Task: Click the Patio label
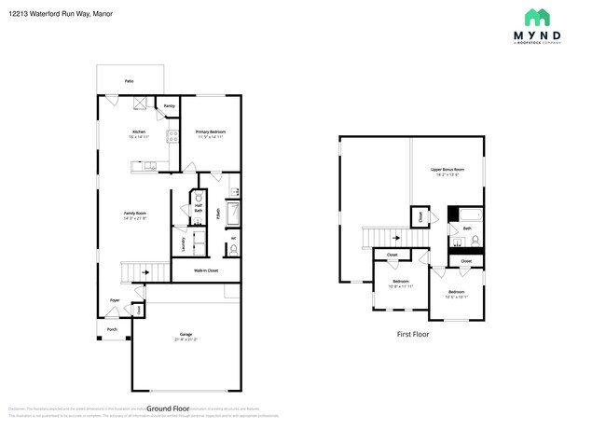129,82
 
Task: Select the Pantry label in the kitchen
169,106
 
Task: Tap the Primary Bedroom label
211,132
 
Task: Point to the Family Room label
135,214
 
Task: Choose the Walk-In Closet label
206,270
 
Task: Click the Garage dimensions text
186,339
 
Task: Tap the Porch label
112,329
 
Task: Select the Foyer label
115,300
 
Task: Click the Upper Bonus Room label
448,170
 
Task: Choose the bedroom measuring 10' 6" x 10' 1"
457,294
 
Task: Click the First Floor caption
411,333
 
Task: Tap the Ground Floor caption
168,409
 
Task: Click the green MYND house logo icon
536,16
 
